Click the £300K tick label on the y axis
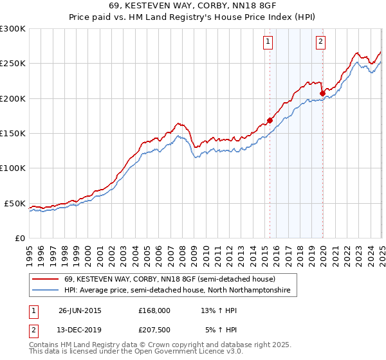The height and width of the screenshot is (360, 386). (x=12, y=29)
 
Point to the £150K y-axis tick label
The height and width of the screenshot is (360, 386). (x=12, y=133)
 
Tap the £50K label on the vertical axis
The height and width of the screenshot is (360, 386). (x=15, y=203)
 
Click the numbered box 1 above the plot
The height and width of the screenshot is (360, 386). (x=267, y=43)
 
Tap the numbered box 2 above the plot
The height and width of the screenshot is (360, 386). (x=320, y=43)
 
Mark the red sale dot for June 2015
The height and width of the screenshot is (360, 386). (x=270, y=120)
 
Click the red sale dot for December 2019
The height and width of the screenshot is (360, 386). (x=322, y=93)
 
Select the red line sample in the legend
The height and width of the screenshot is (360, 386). (x=45, y=280)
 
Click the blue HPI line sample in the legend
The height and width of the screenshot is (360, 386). (x=45, y=291)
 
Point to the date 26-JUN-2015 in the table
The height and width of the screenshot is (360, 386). (x=80, y=310)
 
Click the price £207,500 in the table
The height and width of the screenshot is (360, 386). (x=154, y=330)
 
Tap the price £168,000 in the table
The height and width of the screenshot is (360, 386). (x=154, y=310)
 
